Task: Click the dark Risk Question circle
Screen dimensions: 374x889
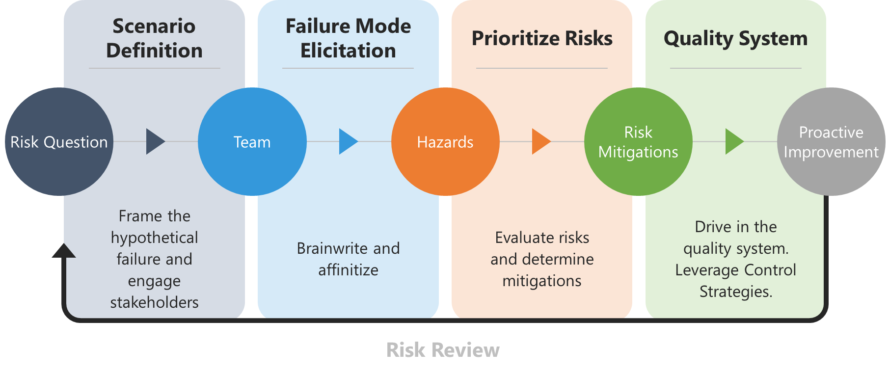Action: pyautogui.click(x=59, y=142)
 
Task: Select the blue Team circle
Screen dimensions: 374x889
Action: pyautogui.click(x=252, y=142)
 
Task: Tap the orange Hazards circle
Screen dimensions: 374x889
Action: pyautogui.click(x=445, y=142)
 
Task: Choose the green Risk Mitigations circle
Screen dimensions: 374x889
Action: pyautogui.click(x=638, y=142)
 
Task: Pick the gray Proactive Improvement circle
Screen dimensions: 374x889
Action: pyautogui.click(x=831, y=142)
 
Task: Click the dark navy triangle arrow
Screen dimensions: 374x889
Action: pyautogui.click(x=155, y=142)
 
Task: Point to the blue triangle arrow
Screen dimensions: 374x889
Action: pyautogui.click(x=348, y=142)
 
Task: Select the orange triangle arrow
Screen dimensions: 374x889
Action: pyautogui.click(x=540, y=142)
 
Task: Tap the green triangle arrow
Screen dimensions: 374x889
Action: pyautogui.click(x=734, y=142)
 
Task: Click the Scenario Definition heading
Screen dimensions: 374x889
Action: pyautogui.click(x=154, y=38)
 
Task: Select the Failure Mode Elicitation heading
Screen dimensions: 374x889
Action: pyautogui.click(x=348, y=38)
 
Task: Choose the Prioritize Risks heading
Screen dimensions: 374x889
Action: pyautogui.click(x=542, y=38)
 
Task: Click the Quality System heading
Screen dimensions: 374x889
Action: pyautogui.click(x=735, y=38)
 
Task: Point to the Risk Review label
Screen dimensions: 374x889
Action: pyautogui.click(x=443, y=350)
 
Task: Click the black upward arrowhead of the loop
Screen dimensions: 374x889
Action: pyautogui.click(x=64, y=251)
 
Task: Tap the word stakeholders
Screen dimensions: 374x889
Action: pyautogui.click(x=154, y=302)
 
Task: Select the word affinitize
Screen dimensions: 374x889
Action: pyautogui.click(x=348, y=270)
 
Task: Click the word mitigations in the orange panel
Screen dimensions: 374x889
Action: pyautogui.click(x=542, y=281)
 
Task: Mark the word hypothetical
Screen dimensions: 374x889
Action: pyautogui.click(x=154, y=238)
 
